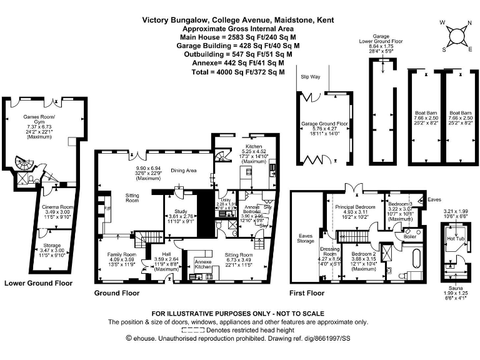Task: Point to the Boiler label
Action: (x=410, y=236)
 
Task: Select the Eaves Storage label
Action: (x=305, y=238)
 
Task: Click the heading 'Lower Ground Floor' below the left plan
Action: (x=38, y=282)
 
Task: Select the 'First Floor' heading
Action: (x=307, y=292)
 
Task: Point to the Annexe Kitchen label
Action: (x=203, y=264)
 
